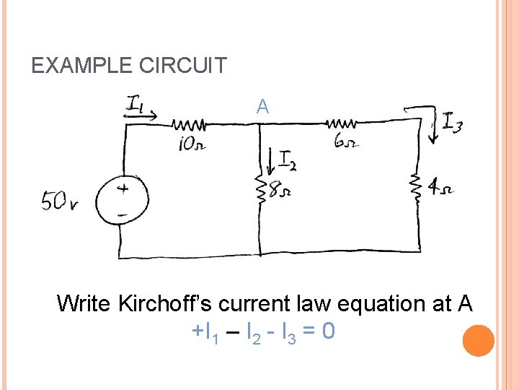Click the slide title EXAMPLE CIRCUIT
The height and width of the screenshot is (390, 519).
pos(129,66)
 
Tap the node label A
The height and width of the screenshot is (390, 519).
pos(262,108)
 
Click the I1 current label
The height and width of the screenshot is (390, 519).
pos(137,103)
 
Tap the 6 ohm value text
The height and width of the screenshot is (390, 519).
pos(344,141)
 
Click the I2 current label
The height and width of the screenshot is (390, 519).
pos(288,160)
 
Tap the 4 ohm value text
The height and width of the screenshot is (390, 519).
pos(440,189)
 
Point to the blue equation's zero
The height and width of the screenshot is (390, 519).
pos(328,331)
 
